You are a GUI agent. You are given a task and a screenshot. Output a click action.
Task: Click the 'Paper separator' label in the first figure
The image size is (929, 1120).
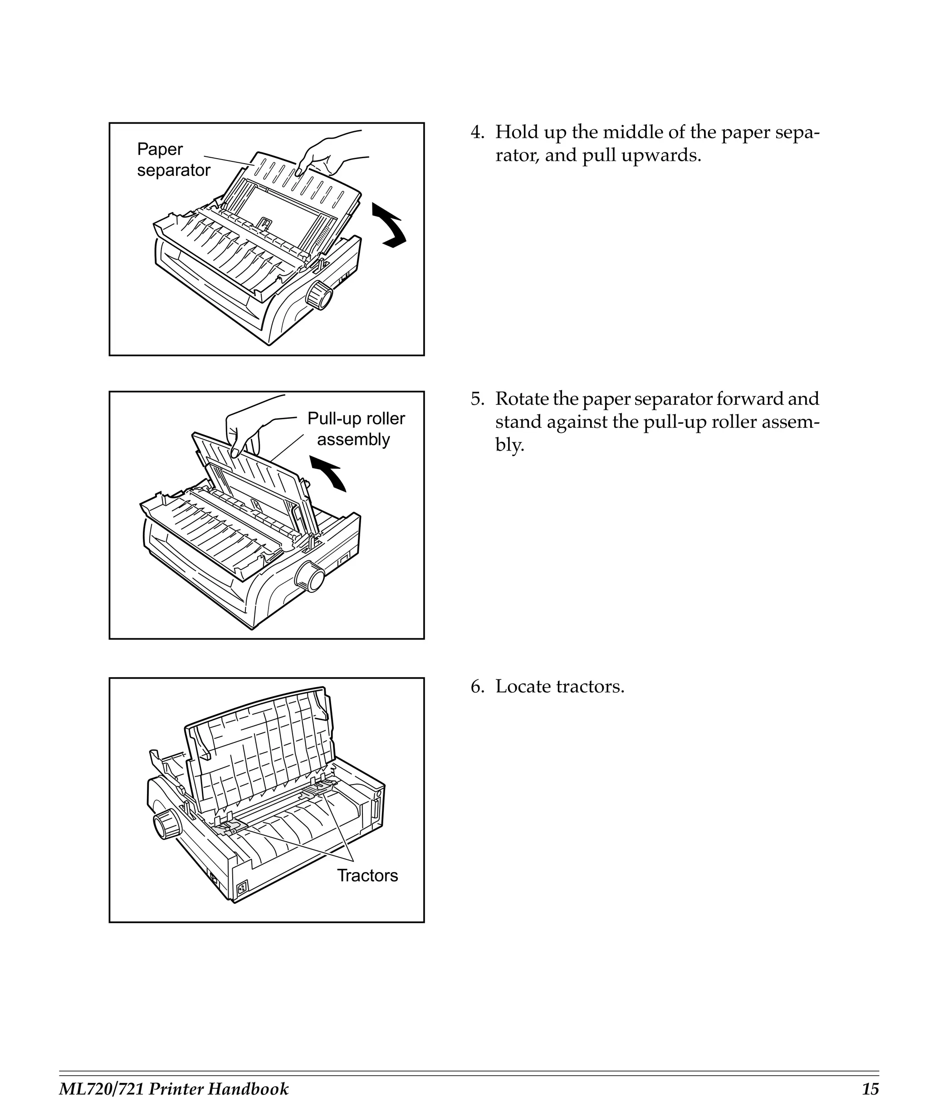[173, 159]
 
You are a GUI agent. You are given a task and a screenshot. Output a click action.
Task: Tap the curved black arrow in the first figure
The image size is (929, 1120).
[390, 226]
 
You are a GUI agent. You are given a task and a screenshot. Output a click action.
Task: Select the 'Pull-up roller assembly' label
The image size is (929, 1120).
[355, 429]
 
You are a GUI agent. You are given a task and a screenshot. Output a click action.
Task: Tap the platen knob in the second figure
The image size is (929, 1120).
[309, 577]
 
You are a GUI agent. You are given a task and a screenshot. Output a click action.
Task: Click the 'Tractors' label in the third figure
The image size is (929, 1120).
[367, 875]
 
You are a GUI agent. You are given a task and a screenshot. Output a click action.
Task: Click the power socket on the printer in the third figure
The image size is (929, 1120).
[242, 887]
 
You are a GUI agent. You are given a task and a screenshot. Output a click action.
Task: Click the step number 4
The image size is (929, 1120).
[476, 132]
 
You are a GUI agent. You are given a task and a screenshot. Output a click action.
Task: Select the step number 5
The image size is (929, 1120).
[476, 399]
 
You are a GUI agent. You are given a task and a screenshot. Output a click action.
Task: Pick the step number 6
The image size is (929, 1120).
[476, 686]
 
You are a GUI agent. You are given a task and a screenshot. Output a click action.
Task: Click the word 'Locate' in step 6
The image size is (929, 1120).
[523, 686]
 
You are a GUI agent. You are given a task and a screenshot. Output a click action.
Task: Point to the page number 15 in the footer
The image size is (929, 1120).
[870, 1089]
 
